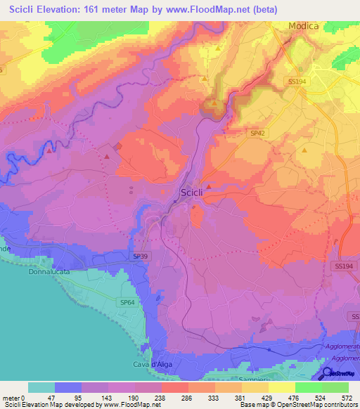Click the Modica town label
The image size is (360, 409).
[303, 26]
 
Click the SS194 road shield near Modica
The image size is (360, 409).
[299, 82]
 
